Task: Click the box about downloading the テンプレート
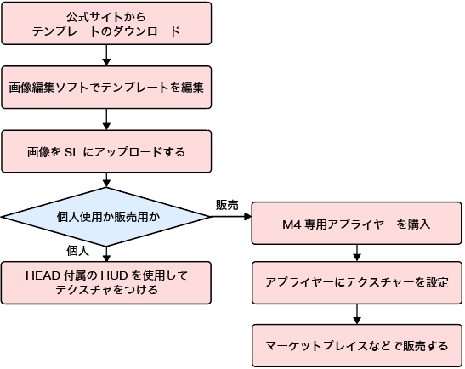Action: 106,24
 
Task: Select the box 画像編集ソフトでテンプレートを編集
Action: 106,88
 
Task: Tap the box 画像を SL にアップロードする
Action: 106,151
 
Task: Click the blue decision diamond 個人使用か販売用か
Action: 106,217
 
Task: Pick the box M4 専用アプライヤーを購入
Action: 356,224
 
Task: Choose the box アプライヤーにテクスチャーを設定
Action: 357,282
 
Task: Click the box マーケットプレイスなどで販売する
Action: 357,346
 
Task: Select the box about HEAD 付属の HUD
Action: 106,282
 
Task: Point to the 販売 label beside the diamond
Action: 227,205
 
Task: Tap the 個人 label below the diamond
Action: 77,251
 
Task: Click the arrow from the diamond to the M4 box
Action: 231,217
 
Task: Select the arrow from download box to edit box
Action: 106,55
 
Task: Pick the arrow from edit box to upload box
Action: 106,119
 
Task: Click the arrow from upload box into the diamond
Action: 106,180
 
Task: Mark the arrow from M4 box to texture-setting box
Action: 357,253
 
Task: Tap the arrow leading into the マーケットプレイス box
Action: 357,314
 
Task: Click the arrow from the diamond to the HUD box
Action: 106,254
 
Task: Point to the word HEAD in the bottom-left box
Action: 43,275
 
